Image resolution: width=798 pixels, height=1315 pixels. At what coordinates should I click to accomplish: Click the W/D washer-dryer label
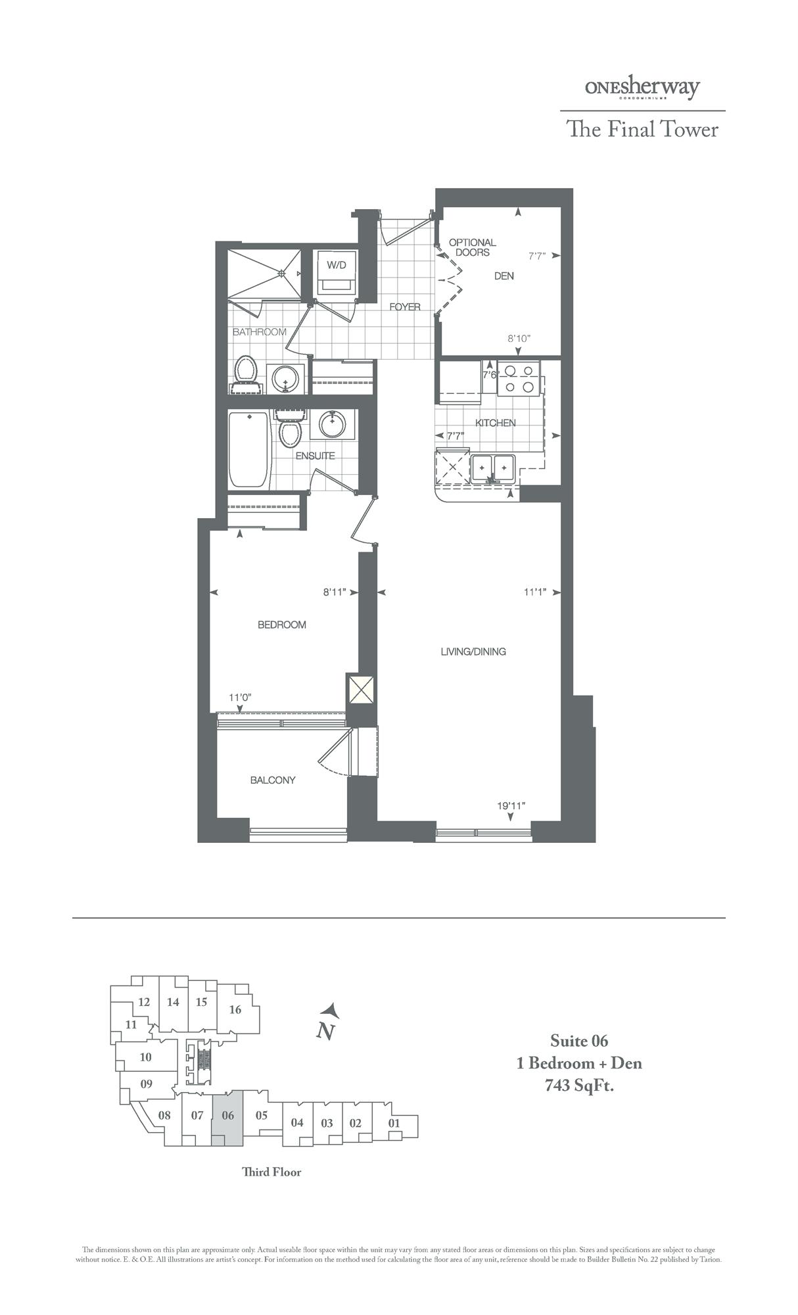pyautogui.click(x=336, y=266)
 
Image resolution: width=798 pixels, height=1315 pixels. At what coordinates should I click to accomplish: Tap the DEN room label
pyautogui.click(x=504, y=276)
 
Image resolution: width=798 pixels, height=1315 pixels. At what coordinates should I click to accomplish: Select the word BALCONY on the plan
pyautogui.click(x=273, y=780)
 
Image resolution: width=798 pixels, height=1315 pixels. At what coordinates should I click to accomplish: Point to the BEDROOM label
pyautogui.click(x=281, y=625)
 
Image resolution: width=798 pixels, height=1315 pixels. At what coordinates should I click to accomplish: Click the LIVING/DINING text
pyautogui.click(x=473, y=652)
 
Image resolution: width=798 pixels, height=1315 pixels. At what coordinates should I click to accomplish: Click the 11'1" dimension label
pyautogui.click(x=536, y=592)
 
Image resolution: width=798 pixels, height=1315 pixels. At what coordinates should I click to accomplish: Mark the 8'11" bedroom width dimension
pyautogui.click(x=335, y=592)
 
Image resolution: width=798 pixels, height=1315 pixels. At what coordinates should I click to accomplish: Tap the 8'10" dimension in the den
pyautogui.click(x=519, y=339)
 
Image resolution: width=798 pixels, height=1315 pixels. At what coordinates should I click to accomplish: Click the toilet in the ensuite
pyautogui.click(x=289, y=432)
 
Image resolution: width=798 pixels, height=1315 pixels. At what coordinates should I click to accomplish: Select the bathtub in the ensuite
pyautogui.click(x=248, y=449)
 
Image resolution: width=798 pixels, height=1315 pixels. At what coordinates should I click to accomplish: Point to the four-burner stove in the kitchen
pyautogui.click(x=519, y=378)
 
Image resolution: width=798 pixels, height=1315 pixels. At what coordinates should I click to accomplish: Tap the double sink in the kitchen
pyautogui.click(x=493, y=467)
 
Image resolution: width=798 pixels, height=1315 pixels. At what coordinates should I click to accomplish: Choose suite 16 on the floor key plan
pyautogui.click(x=235, y=1010)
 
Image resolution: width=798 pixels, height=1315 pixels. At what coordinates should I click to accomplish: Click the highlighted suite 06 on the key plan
pyautogui.click(x=228, y=1116)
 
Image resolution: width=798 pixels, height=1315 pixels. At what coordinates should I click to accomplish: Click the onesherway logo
pyautogui.click(x=642, y=88)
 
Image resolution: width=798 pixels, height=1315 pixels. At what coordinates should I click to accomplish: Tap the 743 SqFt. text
pyautogui.click(x=579, y=1086)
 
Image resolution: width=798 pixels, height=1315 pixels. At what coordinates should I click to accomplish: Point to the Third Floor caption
pyautogui.click(x=271, y=1172)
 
